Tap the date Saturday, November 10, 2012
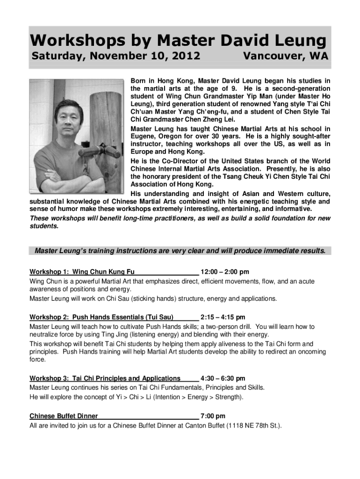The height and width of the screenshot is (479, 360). [x=116, y=57]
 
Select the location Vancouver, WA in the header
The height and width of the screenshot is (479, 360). [x=286, y=57]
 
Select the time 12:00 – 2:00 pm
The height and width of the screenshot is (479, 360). [x=224, y=272]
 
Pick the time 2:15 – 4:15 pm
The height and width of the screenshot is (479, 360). [x=223, y=317]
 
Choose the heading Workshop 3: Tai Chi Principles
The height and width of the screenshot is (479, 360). [x=105, y=378]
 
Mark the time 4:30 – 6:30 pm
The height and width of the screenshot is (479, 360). [x=223, y=378]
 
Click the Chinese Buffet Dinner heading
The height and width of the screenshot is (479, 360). [x=64, y=416]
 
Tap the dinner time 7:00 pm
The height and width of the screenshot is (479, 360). [x=213, y=416]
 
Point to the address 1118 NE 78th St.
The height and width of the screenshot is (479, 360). [x=256, y=426]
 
